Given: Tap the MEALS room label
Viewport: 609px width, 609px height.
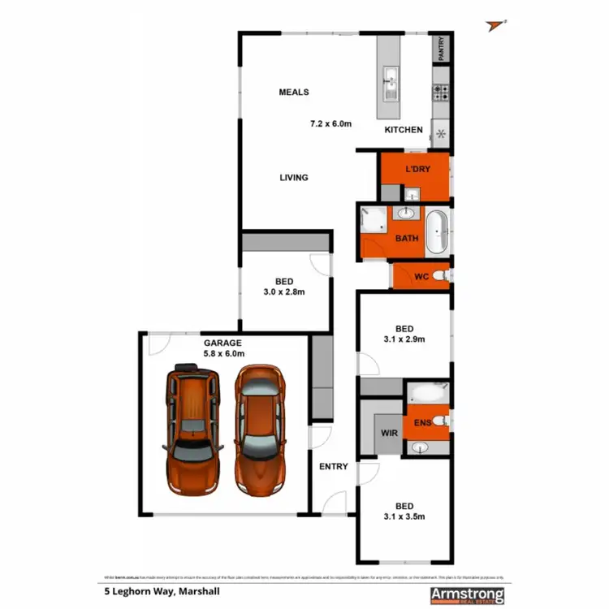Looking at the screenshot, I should click(x=294, y=93).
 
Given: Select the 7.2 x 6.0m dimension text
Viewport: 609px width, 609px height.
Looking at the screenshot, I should click(x=330, y=124).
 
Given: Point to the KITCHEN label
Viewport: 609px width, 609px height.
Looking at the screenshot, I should click(x=404, y=130).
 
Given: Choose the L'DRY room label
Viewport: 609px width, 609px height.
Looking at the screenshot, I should click(x=417, y=169).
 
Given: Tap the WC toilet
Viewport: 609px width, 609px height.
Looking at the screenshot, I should click(x=440, y=276).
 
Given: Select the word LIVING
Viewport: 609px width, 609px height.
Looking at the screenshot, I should click(x=294, y=177).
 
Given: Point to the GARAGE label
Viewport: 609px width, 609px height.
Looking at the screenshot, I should click(x=222, y=343).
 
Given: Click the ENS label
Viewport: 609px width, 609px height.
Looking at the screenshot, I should click(x=421, y=422).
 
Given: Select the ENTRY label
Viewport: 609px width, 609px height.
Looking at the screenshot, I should click(x=333, y=466).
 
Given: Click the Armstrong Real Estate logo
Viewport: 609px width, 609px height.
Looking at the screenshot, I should click(x=467, y=594).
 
